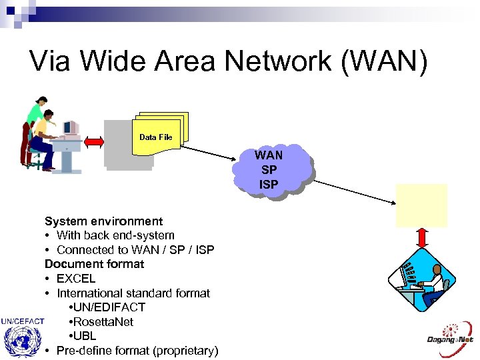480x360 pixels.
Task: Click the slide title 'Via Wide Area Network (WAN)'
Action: [229, 61]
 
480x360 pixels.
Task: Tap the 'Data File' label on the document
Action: [156, 137]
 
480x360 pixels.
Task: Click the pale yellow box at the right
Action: [421, 205]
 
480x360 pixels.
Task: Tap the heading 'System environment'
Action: [103, 221]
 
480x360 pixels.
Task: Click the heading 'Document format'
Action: [94, 264]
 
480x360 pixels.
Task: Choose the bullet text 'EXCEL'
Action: [76, 279]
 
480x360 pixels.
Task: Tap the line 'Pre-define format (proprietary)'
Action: [137, 351]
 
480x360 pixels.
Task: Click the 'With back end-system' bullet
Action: [115, 235]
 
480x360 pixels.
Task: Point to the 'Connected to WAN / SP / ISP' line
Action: [135, 250]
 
